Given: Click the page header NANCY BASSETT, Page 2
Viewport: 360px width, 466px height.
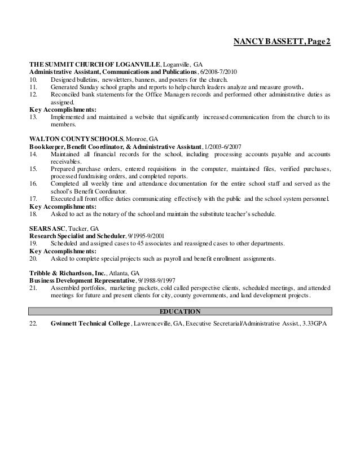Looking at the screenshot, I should click(x=282, y=42).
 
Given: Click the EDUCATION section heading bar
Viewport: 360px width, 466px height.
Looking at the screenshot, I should click(x=180, y=311).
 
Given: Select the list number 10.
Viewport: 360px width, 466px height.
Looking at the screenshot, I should click(x=33, y=81).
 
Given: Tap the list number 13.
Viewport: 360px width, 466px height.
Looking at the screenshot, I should click(x=33, y=117).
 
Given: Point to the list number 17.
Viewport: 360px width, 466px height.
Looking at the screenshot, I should click(x=33, y=199).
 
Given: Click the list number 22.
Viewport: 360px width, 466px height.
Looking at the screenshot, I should click(x=33, y=324).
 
